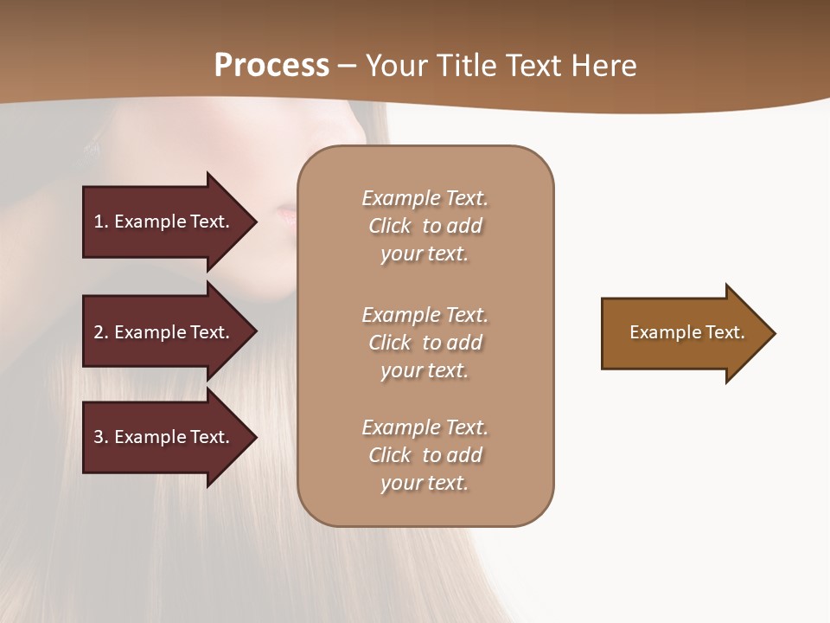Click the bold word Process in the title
coord(271,65)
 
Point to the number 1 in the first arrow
coord(99,222)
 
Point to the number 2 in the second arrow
coord(99,332)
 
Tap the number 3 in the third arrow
coord(99,437)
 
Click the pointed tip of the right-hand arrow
coord(771,333)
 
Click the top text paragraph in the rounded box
coord(425,226)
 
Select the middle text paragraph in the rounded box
coord(425,343)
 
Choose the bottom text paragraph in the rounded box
coord(425,455)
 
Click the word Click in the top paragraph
coord(390,226)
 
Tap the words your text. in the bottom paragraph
coord(425,483)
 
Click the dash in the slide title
coord(348,67)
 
